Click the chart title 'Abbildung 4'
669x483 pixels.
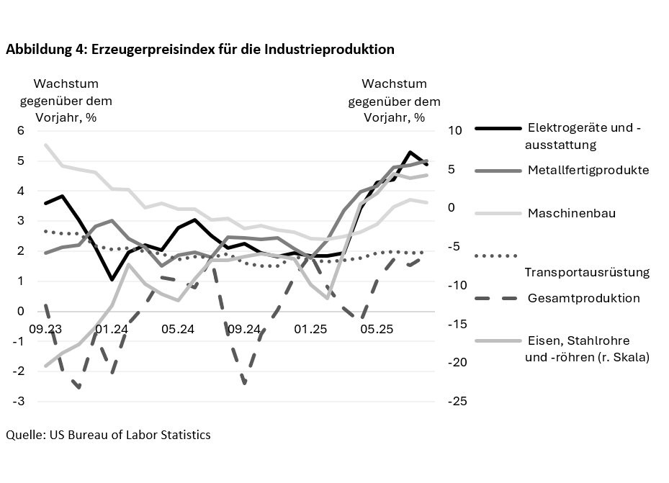(x=200, y=50)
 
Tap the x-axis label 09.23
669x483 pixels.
(x=45, y=329)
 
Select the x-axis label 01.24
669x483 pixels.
(x=111, y=329)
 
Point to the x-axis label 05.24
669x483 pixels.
(x=177, y=329)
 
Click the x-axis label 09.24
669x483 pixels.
(x=244, y=329)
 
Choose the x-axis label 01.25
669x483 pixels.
(x=311, y=329)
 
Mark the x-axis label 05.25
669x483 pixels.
(x=377, y=329)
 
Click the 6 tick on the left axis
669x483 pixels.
(x=22, y=131)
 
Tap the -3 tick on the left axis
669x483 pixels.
(x=19, y=401)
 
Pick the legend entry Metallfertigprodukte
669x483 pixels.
(x=588, y=171)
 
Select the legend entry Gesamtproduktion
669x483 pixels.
(x=583, y=298)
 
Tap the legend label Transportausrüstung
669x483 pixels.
(x=587, y=272)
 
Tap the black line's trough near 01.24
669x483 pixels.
(x=112, y=279)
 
